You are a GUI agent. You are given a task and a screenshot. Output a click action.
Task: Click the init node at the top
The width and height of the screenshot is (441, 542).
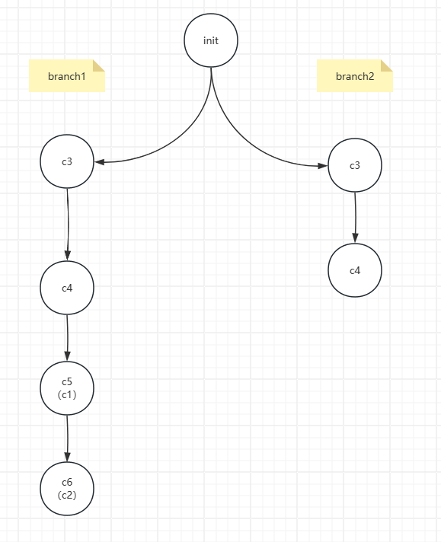211,40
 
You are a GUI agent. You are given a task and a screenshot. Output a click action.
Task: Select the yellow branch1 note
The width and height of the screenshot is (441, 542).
67,75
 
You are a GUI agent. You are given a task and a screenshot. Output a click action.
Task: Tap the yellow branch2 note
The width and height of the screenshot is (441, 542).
355,75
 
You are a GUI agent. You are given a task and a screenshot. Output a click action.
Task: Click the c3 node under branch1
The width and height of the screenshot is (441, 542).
67,161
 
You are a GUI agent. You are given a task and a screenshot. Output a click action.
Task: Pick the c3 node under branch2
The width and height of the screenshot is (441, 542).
355,165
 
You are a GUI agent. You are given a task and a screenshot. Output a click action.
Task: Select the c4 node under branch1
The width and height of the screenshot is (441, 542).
67,288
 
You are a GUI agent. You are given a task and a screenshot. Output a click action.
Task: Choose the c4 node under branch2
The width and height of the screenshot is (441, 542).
355,270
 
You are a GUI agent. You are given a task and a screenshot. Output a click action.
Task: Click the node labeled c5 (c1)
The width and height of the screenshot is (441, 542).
67,388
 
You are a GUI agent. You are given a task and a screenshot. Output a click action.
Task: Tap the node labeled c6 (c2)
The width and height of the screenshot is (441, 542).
67,489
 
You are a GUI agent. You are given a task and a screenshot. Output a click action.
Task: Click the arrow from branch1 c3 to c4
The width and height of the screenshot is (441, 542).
68,225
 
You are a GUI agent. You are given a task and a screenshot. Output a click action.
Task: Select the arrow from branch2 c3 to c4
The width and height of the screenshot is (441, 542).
355,218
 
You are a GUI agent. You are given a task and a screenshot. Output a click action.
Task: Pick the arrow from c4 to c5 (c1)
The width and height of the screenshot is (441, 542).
68,338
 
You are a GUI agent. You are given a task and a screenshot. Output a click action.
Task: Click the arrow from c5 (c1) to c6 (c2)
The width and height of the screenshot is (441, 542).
68,438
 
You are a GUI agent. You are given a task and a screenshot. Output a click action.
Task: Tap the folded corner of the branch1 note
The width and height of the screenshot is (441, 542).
98,65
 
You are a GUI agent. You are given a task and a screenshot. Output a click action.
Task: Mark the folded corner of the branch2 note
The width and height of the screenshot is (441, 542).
387,65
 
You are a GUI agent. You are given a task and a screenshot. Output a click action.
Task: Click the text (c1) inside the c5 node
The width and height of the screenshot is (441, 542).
67,394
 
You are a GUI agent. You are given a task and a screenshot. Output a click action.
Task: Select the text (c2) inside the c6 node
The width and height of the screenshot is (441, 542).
67,495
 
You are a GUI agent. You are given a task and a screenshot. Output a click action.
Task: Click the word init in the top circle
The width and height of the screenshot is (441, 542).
211,40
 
